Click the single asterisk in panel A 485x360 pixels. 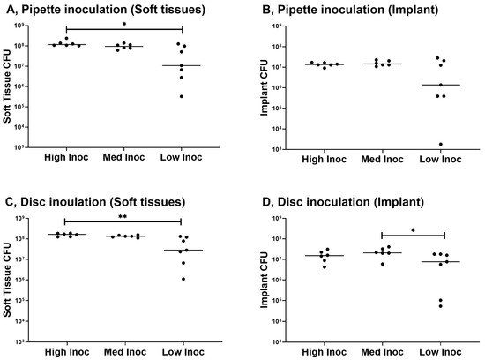click(123, 26)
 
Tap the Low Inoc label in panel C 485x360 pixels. click(182, 350)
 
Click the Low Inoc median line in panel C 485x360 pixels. click(182, 251)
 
